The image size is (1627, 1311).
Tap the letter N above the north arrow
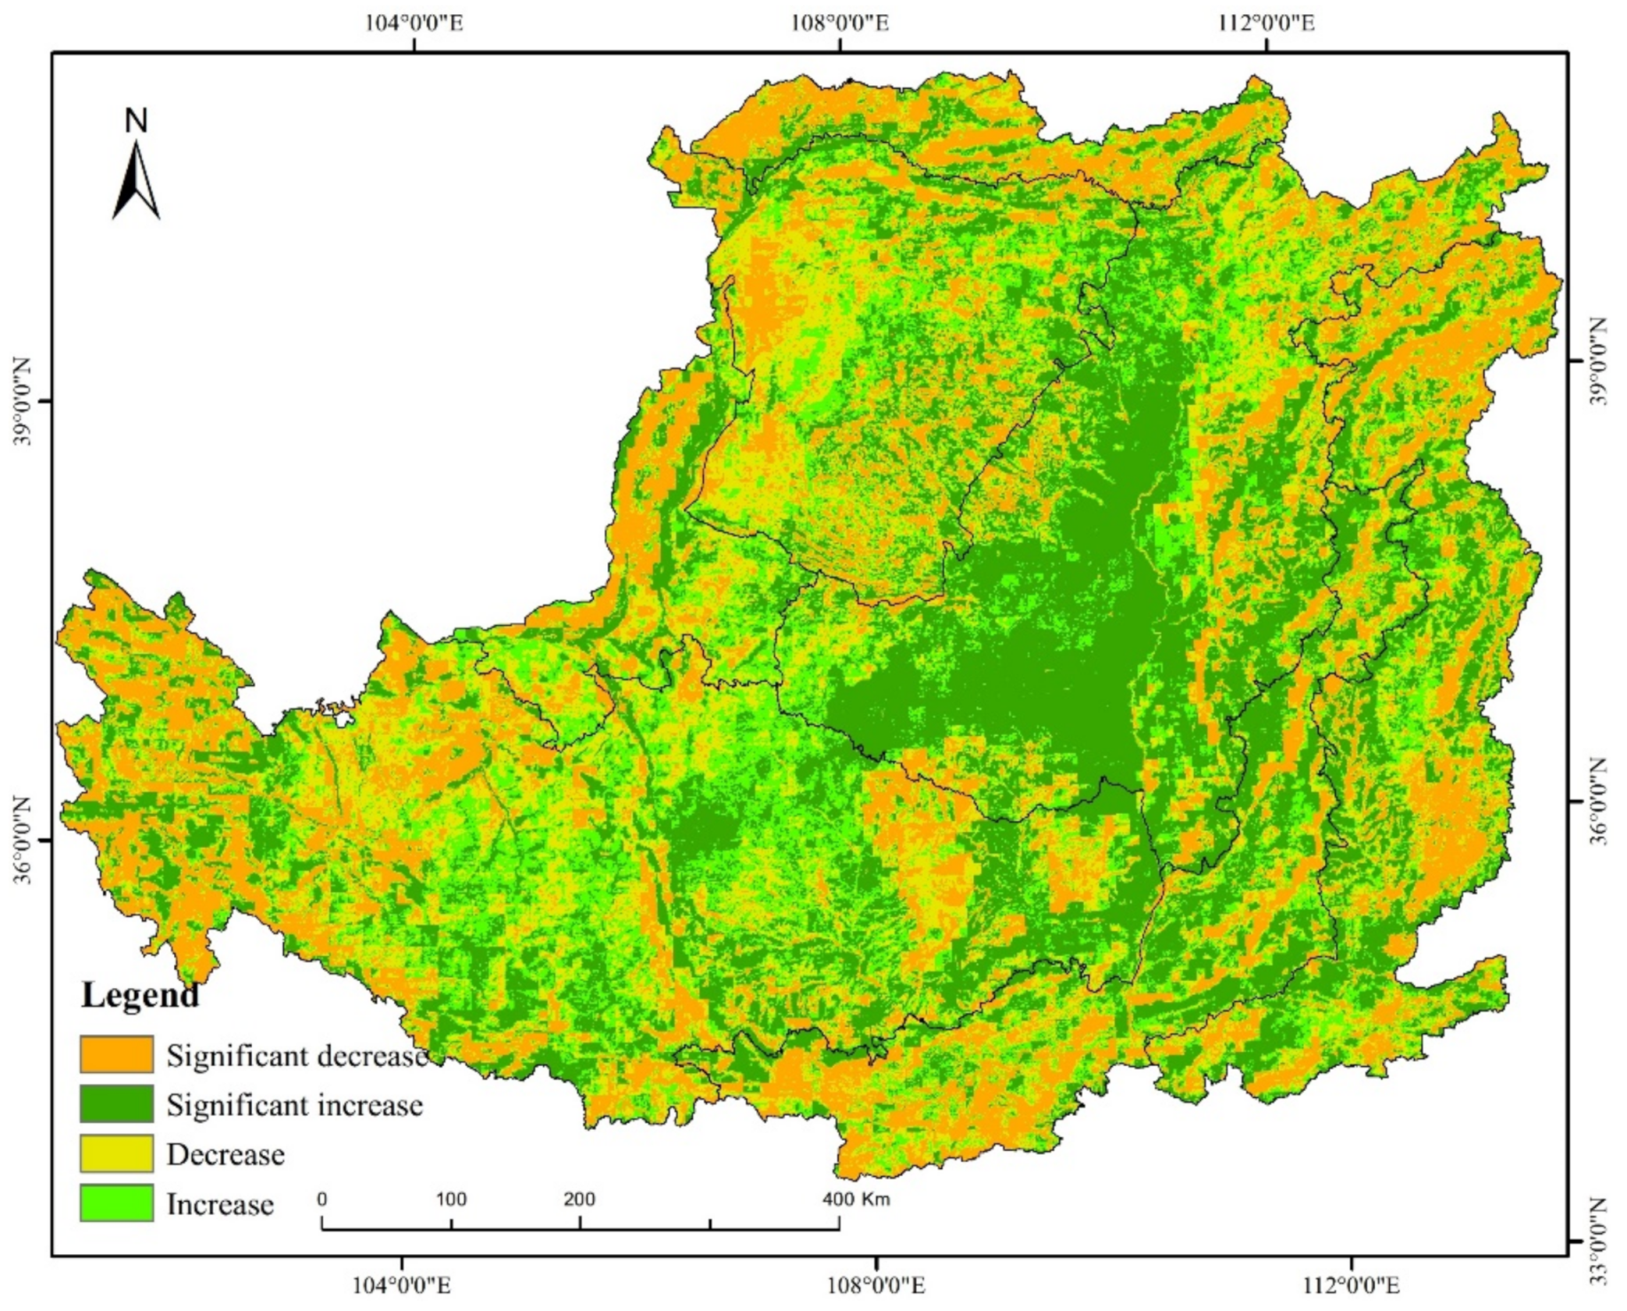pyautogui.click(x=136, y=121)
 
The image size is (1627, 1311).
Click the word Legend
pyautogui.click(x=139, y=996)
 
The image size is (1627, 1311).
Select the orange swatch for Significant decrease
pyautogui.click(x=116, y=1054)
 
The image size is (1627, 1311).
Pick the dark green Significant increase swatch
pyautogui.click(x=116, y=1104)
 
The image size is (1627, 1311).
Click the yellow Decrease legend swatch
pyautogui.click(x=116, y=1154)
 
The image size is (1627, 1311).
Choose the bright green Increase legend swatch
pyautogui.click(x=116, y=1204)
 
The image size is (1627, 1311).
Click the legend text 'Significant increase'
pyautogui.click(x=295, y=1105)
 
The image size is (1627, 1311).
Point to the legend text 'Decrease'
pyautogui.click(x=225, y=1155)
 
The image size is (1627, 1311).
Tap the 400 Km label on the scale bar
pyautogui.click(x=856, y=1199)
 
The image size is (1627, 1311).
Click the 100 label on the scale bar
pyautogui.click(x=451, y=1199)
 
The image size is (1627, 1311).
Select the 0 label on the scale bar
pyautogui.click(x=321, y=1199)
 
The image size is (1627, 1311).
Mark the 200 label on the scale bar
pyautogui.click(x=579, y=1199)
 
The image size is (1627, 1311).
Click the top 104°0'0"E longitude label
pyautogui.click(x=414, y=22)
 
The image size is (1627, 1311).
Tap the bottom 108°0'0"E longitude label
pyautogui.click(x=877, y=1284)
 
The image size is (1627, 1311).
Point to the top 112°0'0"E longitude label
pyautogui.click(x=1266, y=22)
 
